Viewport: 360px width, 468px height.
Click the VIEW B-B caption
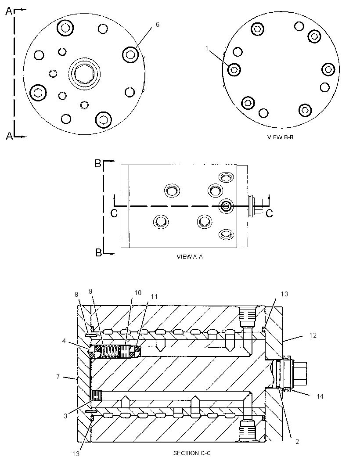pyautogui.click(x=280, y=137)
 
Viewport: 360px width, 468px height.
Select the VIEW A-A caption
pyautogui.click(x=190, y=256)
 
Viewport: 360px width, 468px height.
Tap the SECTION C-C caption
pyautogui.click(x=192, y=453)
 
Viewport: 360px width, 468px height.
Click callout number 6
pyautogui.click(x=157, y=25)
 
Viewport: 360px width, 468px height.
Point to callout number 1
pyautogui.click(x=207, y=48)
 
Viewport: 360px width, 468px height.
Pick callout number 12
pyautogui.click(x=313, y=335)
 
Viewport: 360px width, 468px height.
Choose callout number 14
pyautogui.click(x=320, y=396)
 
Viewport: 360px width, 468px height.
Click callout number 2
pyautogui.click(x=297, y=441)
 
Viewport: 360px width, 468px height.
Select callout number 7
pyautogui.click(x=58, y=376)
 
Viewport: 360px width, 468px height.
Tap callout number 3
pyautogui.click(x=65, y=416)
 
